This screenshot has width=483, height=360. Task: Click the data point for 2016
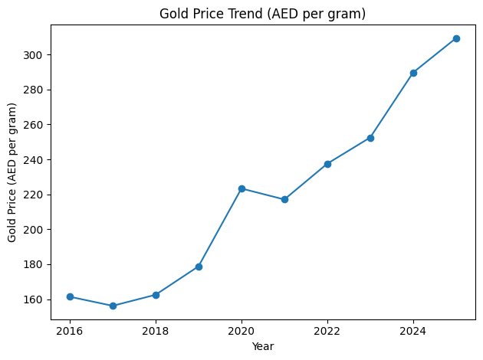click(70, 296)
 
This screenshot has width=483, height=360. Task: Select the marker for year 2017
click(113, 306)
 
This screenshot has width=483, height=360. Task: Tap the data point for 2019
click(199, 267)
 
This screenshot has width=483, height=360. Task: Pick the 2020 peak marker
click(242, 188)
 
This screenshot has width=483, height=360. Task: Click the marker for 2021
click(284, 199)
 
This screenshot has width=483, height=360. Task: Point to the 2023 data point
click(370, 138)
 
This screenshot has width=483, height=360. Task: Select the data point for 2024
click(413, 73)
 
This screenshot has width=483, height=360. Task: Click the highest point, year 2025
click(456, 38)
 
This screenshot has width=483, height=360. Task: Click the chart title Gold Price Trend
click(262, 13)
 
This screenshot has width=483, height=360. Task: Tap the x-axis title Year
click(262, 346)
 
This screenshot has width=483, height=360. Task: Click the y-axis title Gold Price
click(12, 172)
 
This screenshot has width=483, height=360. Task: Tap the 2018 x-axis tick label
click(156, 331)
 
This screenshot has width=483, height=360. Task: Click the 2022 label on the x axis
click(327, 331)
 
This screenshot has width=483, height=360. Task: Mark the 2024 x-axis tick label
click(413, 331)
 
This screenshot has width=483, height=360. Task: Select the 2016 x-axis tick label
click(70, 331)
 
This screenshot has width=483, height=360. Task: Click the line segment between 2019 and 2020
click(220, 227)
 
